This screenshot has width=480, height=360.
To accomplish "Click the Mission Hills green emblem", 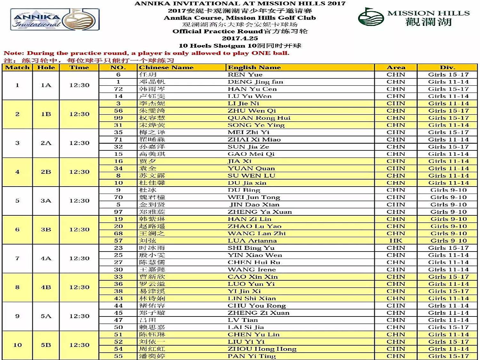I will (x=371, y=17).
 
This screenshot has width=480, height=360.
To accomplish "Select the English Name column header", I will (x=254, y=68).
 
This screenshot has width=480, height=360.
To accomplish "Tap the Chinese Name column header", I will (x=166, y=68).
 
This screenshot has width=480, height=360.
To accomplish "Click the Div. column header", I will (x=447, y=68).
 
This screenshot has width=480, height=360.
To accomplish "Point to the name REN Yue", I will (x=245, y=75).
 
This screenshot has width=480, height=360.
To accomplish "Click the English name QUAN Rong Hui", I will (x=259, y=118).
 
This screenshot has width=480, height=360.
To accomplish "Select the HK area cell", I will (x=396, y=241).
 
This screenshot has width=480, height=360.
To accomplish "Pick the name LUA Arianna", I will (x=252, y=241).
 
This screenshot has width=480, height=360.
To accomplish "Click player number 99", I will (x=118, y=118).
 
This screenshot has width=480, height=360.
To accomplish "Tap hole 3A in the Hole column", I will (x=46, y=201).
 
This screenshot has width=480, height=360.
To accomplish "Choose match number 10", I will (x=17, y=345).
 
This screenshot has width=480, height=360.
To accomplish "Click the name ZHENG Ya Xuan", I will (x=260, y=212).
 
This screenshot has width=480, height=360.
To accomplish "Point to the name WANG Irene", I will (x=252, y=269).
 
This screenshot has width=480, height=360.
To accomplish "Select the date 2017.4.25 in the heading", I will (x=240, y=38).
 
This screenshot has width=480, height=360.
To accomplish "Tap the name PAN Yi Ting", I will (x=252, y=356).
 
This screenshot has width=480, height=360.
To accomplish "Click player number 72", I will (x=118, y=89).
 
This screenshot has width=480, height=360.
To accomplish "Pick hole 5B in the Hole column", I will (x=46, y=345).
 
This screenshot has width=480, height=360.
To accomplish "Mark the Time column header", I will (x=79, y=68).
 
